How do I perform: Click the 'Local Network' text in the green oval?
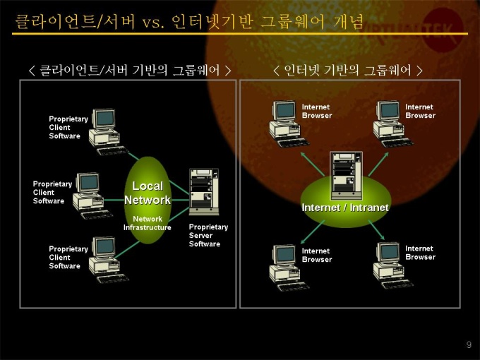click(x=148, y=193)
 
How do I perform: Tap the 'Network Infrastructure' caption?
click(x=148, y=223)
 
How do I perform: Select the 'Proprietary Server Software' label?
click(x=208, y=235)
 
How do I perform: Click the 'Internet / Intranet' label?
click(x=345, y=208)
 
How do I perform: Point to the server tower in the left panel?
click(x=204, y=191)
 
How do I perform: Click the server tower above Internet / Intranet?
click(x=346, y=175)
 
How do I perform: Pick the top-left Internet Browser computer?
click(x=289, y=124)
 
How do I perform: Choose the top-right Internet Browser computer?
click(x=392, y=124)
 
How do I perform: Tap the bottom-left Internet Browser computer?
click(x=289, y=268)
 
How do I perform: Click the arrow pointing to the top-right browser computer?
click(x=378, y=164)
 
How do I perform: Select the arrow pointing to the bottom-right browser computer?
click(x=376, y=230)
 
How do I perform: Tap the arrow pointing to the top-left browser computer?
click(x=312, y=164)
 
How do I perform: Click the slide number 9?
click(x=469, y=344)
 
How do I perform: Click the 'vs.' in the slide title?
click(x=153, y=23)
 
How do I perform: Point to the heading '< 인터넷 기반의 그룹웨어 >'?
click(x=347, y=71)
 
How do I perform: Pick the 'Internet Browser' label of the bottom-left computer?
click(x=317, y=255)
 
